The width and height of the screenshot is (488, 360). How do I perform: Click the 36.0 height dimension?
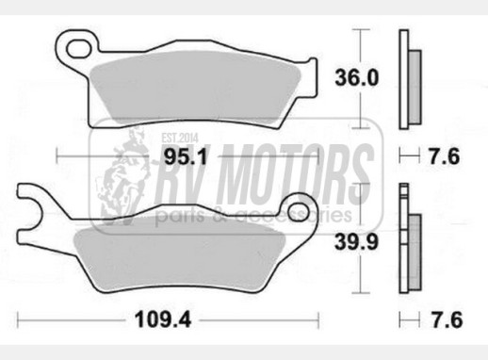(x=357, y=78)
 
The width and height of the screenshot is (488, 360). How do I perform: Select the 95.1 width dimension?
(x=186, y=156)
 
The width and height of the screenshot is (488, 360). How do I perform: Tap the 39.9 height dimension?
(x=356, y=242)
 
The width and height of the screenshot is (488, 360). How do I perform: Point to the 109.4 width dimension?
(x=163, y=320)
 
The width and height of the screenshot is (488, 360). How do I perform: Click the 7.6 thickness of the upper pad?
(x=445, y=156)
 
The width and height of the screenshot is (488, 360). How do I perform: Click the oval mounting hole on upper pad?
(x=78, y=48)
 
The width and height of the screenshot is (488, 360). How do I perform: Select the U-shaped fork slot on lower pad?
(x=31, y=211)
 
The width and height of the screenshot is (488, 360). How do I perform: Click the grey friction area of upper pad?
(x=195, y=88)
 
